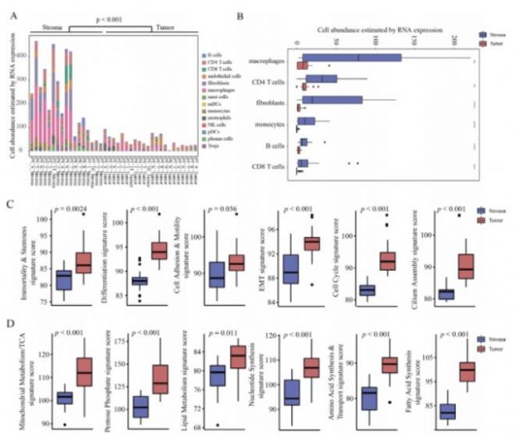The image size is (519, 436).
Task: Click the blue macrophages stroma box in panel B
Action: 351,57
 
